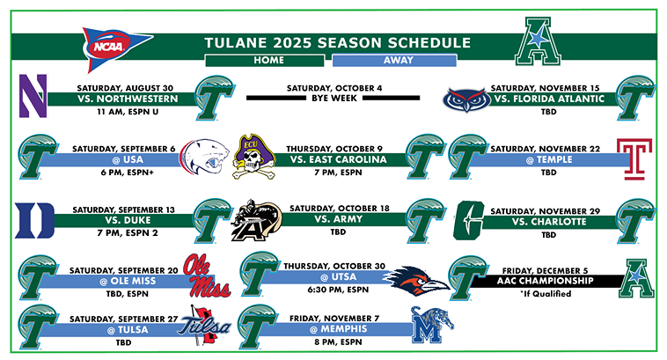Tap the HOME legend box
[x=262, y=61]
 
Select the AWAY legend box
[x=394, y=61]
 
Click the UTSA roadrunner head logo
[x=420, y=277]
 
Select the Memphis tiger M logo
[x=430, y=327]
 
